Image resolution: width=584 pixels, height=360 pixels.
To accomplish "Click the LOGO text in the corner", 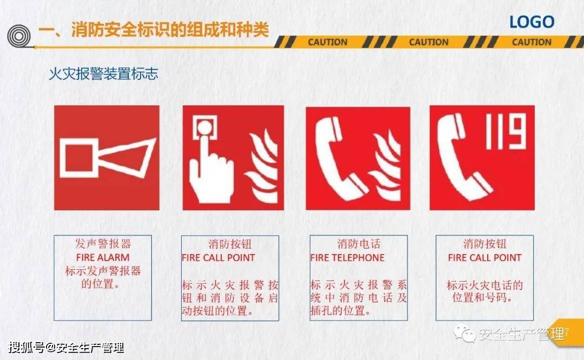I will (532, 22).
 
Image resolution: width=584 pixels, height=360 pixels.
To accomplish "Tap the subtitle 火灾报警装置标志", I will (103, 74).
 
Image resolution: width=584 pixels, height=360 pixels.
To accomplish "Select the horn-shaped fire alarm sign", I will (107, 157).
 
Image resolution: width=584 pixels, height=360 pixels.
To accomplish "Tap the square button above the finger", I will (205, 129).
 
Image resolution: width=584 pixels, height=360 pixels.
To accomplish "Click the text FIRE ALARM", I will (103, 258).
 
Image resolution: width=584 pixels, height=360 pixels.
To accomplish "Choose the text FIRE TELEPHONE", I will (347, 258).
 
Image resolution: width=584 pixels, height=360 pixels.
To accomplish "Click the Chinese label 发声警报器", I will (103, 244).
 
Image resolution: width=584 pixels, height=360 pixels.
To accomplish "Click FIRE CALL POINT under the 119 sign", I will (485, 258).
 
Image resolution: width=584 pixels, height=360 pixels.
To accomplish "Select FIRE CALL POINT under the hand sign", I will (218, 258).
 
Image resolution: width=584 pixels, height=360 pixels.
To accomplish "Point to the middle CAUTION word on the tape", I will (429, 42).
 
